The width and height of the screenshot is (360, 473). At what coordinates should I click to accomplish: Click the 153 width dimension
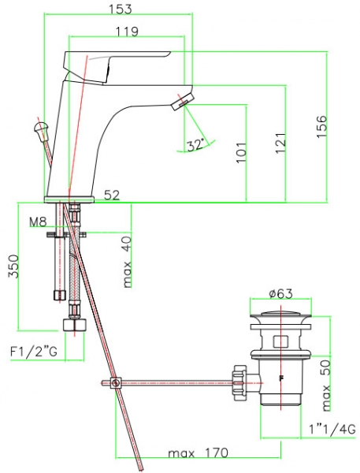[121, 9]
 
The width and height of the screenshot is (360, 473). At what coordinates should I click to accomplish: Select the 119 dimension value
[127, 31]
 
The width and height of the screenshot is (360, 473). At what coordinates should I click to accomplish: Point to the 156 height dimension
[321, 126]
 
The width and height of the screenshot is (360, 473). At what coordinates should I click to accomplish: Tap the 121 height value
[280, 143]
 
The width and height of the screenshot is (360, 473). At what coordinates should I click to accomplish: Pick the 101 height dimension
[241, 152]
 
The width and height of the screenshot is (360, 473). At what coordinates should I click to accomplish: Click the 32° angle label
[195, 145]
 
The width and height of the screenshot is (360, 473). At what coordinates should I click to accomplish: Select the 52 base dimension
[112, 196]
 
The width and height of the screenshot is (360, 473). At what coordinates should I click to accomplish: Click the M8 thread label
[39, 222]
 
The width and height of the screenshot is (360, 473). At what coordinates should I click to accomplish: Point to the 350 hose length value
[13, 266]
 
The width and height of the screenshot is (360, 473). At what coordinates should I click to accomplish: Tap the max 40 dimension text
[128, 262]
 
